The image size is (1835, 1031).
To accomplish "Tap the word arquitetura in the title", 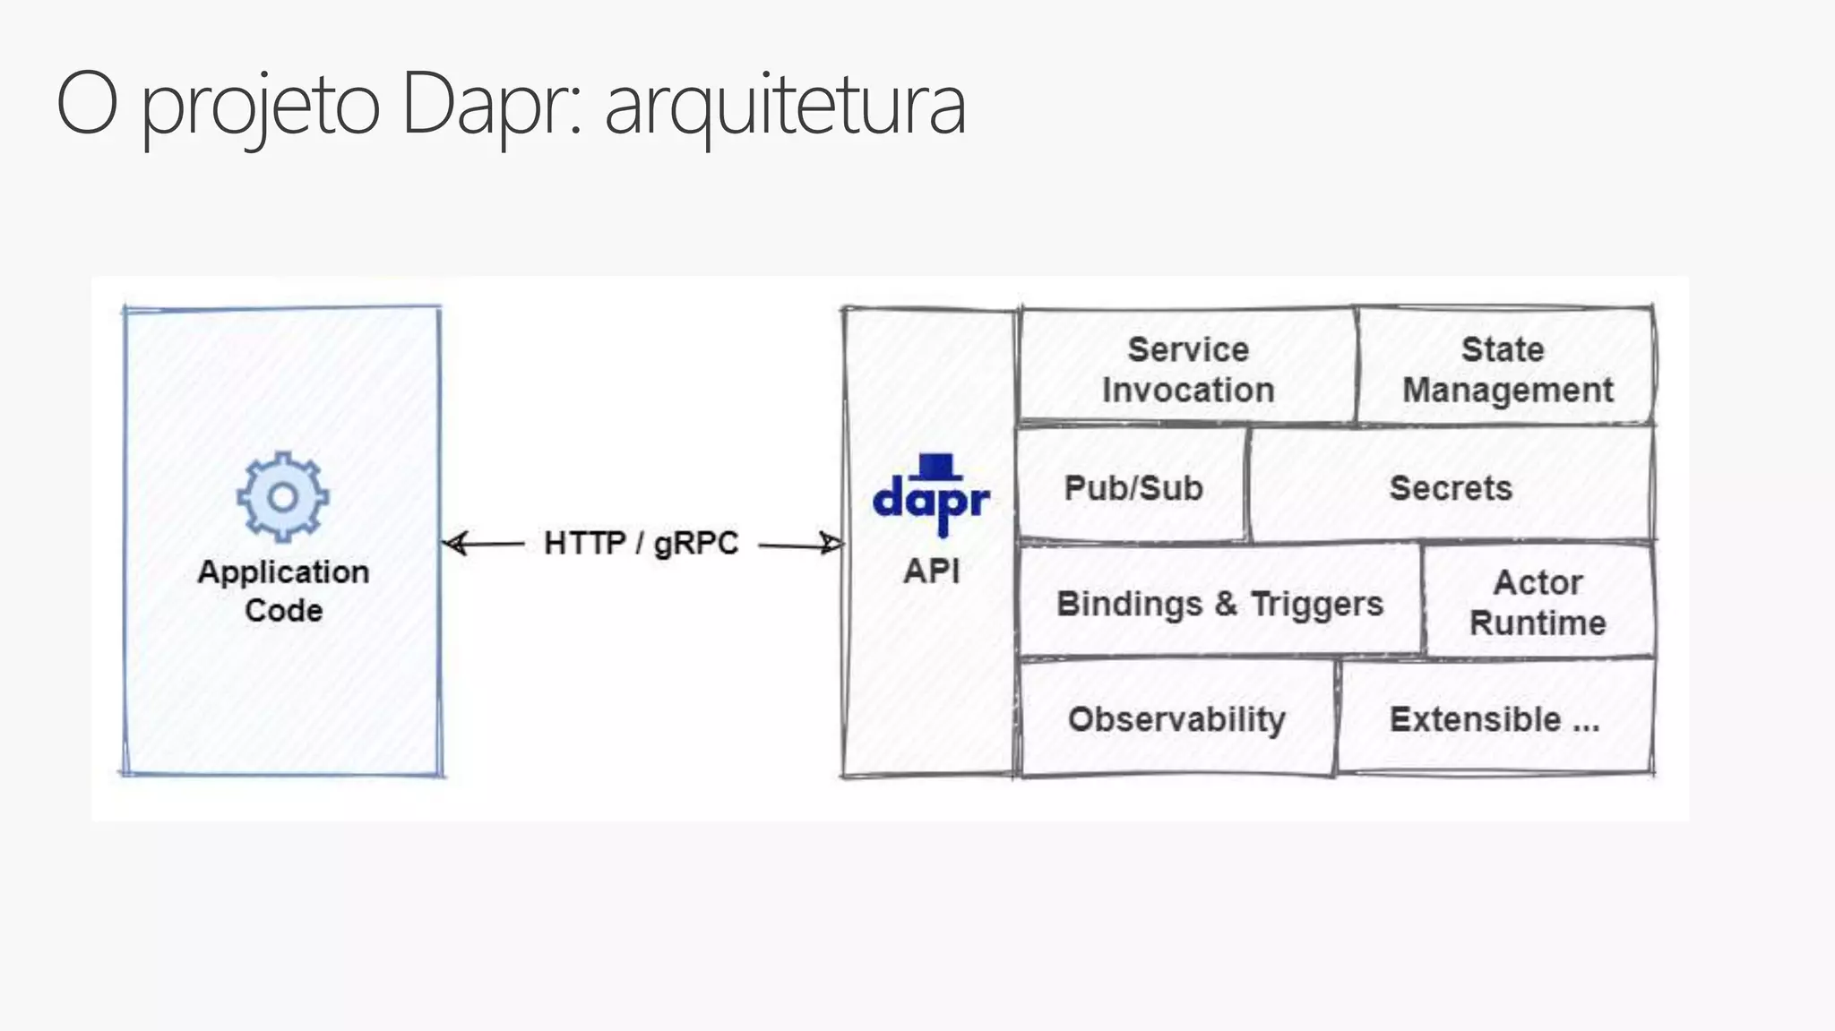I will (x=785, y=106).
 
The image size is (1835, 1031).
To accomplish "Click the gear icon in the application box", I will (x=282, y=496).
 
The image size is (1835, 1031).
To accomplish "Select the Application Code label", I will (x=283, y=590).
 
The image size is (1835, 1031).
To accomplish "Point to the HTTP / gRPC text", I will (x=641, y=543).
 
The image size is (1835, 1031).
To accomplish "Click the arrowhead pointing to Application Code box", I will (x=455, y=543).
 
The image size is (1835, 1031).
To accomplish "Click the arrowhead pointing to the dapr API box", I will (x=831, y=543).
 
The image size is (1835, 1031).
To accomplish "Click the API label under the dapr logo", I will (x=931, y=571).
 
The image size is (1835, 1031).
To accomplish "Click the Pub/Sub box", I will (x=1133, y=487).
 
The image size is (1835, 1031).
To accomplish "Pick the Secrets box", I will (x=1451, y=487).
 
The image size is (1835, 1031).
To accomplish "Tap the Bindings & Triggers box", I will (x=1219, y=603).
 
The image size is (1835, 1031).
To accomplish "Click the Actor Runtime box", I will (x=1538, y=602).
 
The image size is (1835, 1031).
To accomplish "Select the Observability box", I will (x=1176, y=718).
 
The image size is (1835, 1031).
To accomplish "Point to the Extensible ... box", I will (x=1494, y=718).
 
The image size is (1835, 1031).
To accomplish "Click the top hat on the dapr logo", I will (x=937, y=466).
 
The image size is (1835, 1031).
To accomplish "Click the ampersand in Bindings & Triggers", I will (x=1227, y=603).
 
